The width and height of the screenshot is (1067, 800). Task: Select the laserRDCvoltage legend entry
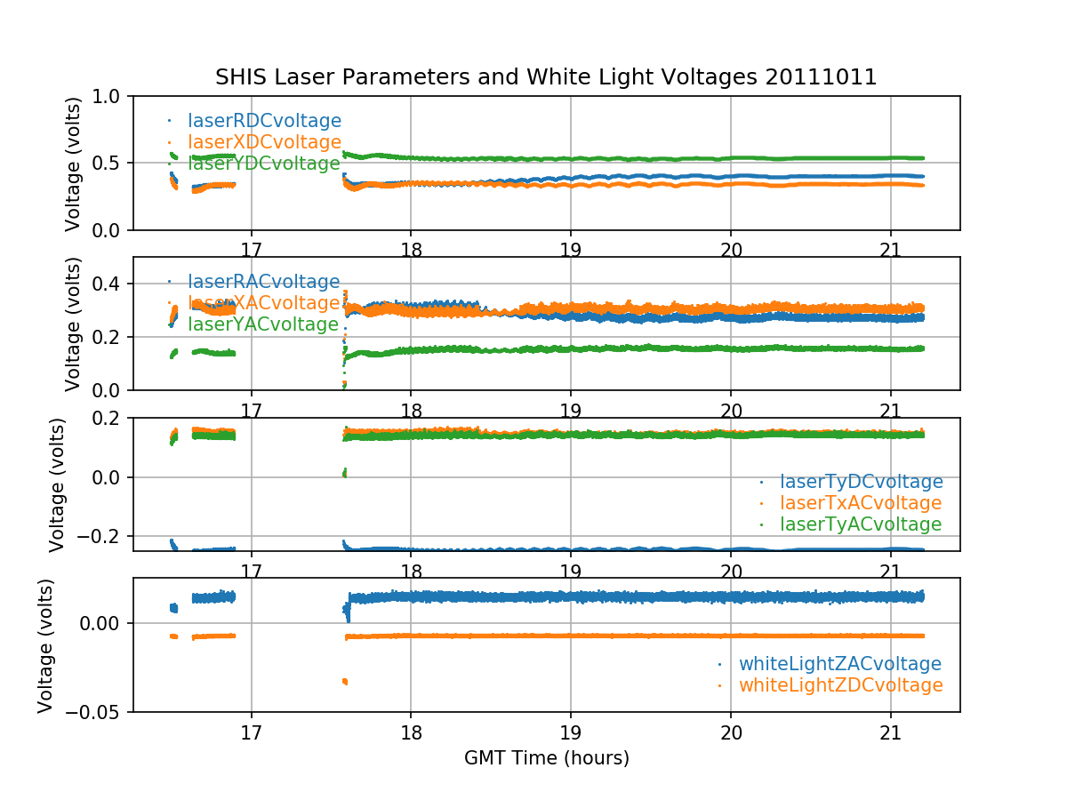[x=264, y=121]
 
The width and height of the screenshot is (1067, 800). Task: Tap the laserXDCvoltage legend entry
[x=264, y=142]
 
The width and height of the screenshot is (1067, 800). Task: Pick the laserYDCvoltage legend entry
[x=263, y=164]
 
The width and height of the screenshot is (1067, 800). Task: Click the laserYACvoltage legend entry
[x=263, y=324]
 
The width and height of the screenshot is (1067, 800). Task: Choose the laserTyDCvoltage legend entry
[x=861, y=482]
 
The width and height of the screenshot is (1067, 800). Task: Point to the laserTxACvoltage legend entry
[x=860, y=503]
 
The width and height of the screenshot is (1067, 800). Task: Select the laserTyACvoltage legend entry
[x=860, y=524]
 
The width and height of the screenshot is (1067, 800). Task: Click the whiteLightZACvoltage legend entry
[x=839, y=664]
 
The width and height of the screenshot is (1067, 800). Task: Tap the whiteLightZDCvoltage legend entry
[x=840, y=685]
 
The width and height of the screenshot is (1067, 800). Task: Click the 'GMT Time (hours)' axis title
[x=546, y=758]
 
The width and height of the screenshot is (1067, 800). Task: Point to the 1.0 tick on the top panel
[x=110, y=96]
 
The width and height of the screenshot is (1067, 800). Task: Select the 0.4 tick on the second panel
[x=110, y=284]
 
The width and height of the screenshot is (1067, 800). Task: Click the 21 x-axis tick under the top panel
[x=890, y=247]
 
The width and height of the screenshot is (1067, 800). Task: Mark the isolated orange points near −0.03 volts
[x=344, y=682]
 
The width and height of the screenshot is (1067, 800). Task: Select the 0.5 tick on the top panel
[x=110, y=164]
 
